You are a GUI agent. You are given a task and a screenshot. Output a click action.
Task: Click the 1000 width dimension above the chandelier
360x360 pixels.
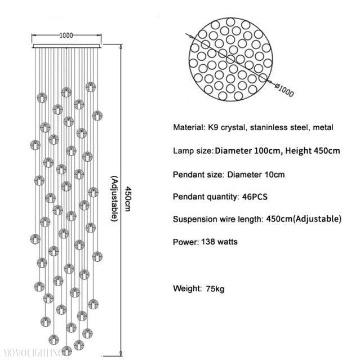pos(66,35)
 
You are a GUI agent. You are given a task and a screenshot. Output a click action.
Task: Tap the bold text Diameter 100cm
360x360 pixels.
pos(248,151)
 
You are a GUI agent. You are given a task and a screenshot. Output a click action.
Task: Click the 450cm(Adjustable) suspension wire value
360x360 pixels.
pos(303,219)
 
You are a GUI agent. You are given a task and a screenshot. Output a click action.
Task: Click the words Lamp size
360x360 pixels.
pos(192,151)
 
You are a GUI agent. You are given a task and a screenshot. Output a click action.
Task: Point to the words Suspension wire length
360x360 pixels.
pos(217,219)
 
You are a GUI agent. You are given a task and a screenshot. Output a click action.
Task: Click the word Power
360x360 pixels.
pos(185,242)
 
